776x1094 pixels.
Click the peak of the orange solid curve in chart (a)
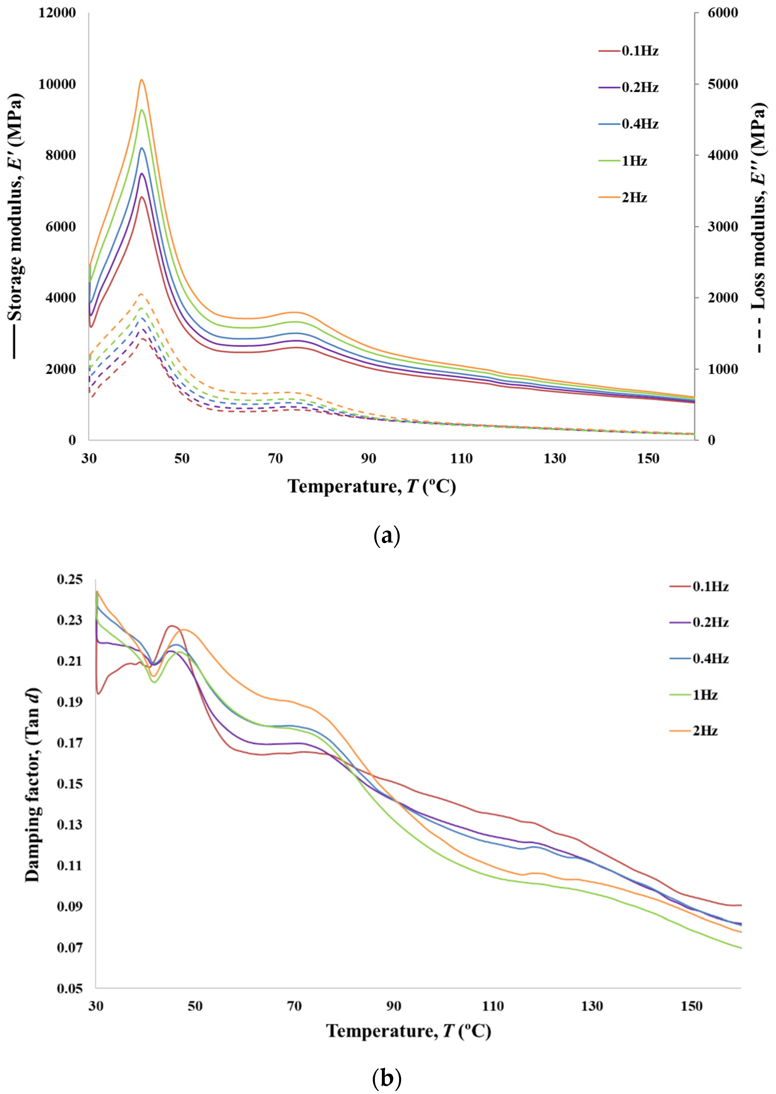[141, 80]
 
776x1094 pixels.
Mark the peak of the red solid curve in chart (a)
[141, 197]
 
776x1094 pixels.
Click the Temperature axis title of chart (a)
[371, 486]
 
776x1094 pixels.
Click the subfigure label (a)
[386, 536]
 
